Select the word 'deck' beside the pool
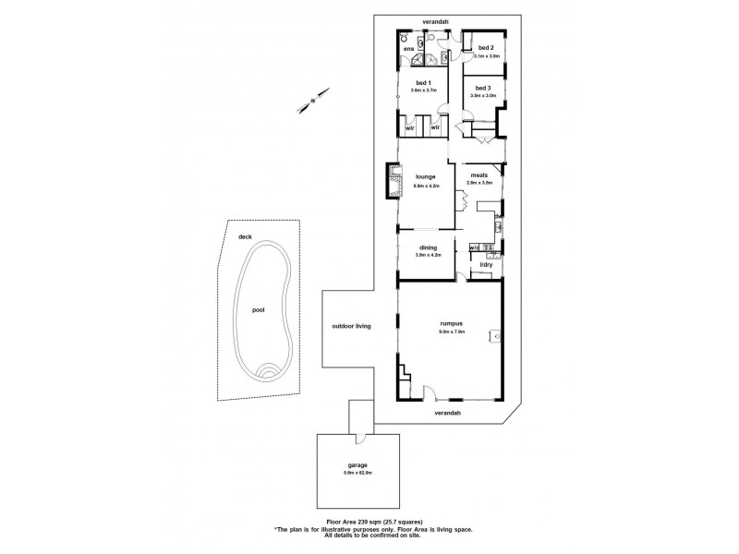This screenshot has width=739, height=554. tap(245, 237)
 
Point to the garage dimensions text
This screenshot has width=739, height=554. tap(357, 475)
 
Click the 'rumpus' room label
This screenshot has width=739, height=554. tap(451, 323)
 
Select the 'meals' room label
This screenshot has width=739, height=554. tap(479, 175)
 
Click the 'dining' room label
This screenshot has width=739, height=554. tap(428, 247)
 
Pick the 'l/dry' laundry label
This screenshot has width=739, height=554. tap(486, 265)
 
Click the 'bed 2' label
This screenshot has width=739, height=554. tap(486, 47)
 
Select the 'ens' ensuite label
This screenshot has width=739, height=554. tap(408, 48)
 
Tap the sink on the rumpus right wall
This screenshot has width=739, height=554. tap(496, 337)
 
